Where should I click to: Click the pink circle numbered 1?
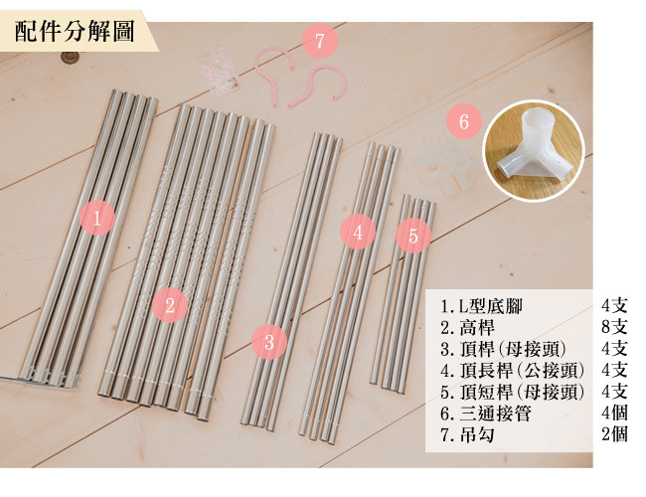click(97, 218)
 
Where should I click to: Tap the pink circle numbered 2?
click(170, 305)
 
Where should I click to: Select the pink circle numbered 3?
click(269, 342)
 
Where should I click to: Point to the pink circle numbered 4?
click(358, 232)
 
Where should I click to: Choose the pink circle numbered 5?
click(413, 236)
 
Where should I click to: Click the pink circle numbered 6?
click(464, 121)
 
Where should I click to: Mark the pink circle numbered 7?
click(320, 41)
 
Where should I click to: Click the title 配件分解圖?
click(75, 32)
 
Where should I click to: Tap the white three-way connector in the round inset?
click(535, 148)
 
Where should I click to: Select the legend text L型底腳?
click(491, 306)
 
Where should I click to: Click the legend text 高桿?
click(477, 328)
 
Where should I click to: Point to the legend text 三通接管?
click(495, 414)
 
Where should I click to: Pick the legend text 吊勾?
click(477, 434)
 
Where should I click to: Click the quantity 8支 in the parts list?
click(614, 327)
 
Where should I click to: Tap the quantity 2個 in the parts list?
click(614, 434)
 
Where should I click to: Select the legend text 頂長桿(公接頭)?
click(522, 371)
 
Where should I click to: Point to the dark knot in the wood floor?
click(69, 58)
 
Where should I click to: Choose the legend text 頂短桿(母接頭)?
click(522, 392)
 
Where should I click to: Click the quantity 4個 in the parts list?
click(614, 413)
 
